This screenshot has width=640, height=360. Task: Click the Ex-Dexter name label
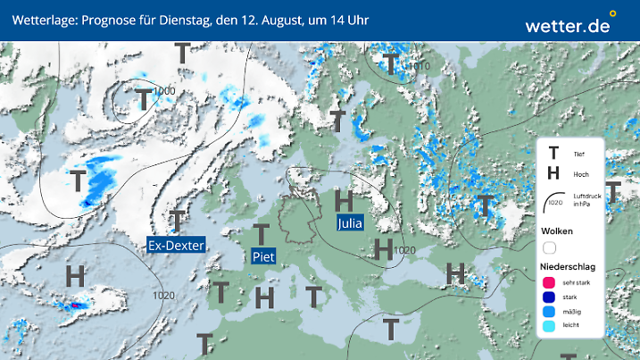click(177, 245)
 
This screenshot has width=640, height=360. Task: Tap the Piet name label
click(262, 256)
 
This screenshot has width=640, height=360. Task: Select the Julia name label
click(350, 223)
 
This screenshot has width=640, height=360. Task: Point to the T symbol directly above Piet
click(261, 235)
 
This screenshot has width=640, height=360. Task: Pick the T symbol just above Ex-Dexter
click(179, 220)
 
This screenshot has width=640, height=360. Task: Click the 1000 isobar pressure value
click(163, 90)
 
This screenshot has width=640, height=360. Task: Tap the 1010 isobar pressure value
click(419, 66)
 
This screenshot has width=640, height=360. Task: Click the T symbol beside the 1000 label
click(143, 99)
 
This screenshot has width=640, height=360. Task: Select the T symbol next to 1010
click(390, 64)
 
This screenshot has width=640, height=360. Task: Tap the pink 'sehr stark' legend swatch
click(549, 282)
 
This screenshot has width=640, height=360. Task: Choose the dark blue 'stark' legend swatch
click(549, 297)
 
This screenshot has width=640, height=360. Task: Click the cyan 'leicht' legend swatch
click(549, 326)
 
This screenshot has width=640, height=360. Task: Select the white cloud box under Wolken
click(549, 247)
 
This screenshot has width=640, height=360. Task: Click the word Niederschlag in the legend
click(567, 266)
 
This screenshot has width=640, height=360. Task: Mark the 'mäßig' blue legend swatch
click(549, 312)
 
